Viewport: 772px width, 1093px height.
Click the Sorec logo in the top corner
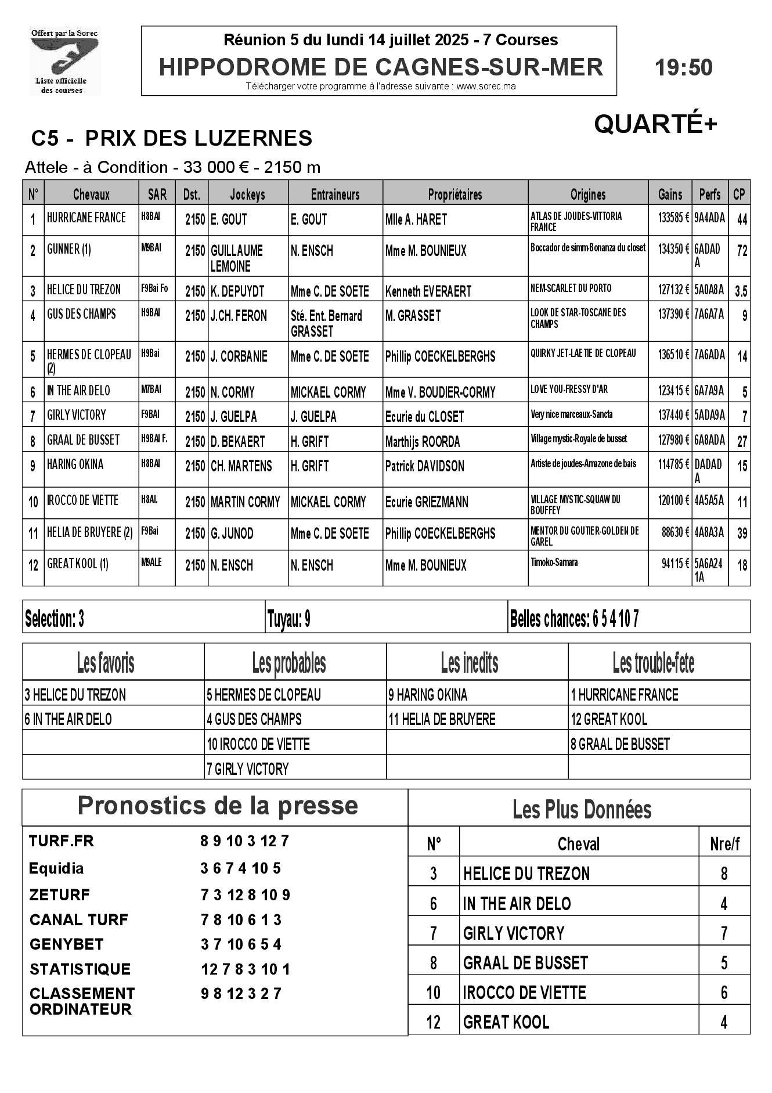(x=64, y=61)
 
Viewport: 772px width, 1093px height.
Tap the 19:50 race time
(x=683, y=68)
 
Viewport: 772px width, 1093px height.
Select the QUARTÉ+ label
(x=655, y=124)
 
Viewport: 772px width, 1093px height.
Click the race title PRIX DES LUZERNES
(x=198, y=138)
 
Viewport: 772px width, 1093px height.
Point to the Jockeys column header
(x=247, y=194)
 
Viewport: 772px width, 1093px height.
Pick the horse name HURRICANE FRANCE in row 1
(x=86, y=218)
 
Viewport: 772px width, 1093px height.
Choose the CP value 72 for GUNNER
(x=741, y=251)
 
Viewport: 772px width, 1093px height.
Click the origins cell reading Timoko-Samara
(x=554, y=562)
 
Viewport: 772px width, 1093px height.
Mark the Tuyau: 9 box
(x=288, y=619)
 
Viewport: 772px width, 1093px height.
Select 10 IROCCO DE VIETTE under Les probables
(x=258, y=744)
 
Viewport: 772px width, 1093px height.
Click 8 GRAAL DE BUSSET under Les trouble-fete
(x=620, y=744)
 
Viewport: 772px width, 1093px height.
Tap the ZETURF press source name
(x=59, y=894)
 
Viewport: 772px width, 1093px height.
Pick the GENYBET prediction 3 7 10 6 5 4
(x=241, y=944)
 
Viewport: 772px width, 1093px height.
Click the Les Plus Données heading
(x=582, y=809)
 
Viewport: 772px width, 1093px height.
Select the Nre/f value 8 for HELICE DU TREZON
(x=723, y=874)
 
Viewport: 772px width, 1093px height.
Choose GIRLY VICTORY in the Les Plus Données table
(x=513, y=933)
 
